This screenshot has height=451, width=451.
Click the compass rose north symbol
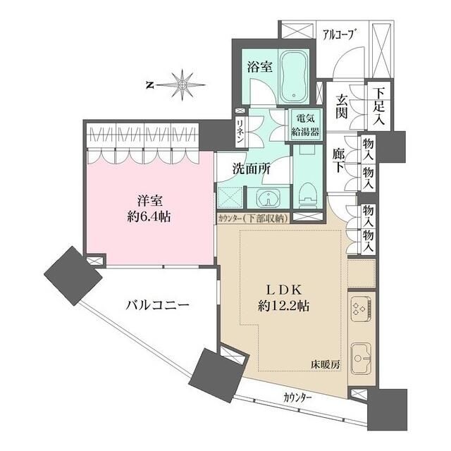point(182,85)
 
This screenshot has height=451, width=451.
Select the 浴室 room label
point(259,67)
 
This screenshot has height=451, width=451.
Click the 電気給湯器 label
point(306,125)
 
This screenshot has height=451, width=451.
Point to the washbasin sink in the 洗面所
point(266,198)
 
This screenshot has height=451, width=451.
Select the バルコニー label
point(156,305)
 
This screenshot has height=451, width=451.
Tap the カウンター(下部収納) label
point(252,218)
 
